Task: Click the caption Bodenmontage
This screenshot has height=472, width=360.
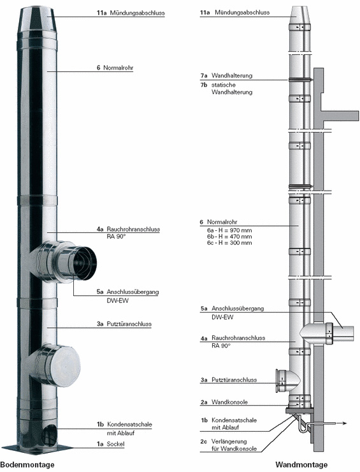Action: (27, 464)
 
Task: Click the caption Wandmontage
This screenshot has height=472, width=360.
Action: (301, 464)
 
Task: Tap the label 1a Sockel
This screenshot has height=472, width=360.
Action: (110, 444)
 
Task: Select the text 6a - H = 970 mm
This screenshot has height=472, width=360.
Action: (229, 230)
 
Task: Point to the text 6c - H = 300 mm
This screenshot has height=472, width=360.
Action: (229, 242)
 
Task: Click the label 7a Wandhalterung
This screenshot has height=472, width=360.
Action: (226, 75)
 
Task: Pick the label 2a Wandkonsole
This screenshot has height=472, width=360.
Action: (224, 402)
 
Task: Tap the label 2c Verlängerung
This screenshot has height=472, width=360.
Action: (224, 441)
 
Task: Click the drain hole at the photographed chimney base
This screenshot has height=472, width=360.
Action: (48, 435)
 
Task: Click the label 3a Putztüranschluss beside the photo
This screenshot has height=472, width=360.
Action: (124, 324)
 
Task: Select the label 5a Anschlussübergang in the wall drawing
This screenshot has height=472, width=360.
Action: (232, 309)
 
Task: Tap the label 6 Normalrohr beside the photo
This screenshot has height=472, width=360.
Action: (115, 68)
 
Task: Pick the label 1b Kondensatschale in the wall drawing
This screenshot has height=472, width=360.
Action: (229, 420)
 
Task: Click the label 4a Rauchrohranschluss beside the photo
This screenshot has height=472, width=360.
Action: (128, 230)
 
